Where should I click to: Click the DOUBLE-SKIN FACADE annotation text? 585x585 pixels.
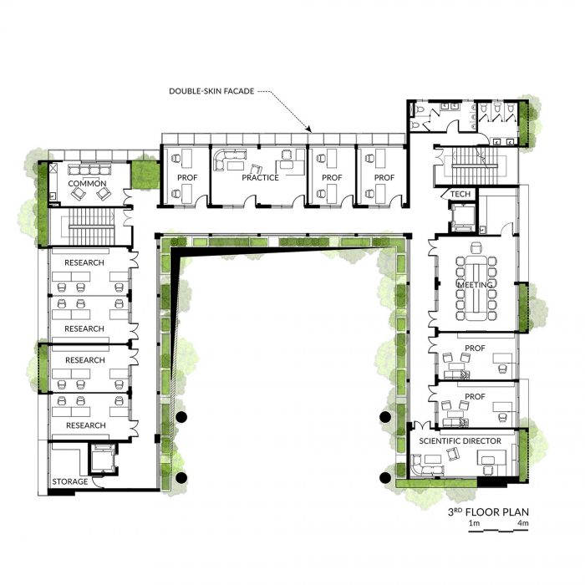(211, 91)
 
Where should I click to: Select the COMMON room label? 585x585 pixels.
(87, 184)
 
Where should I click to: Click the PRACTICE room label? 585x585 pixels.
(261, 177)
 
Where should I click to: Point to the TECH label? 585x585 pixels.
(460, 194)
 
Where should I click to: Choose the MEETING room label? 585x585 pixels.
(475, 285)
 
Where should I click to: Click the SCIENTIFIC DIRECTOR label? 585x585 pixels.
(460, 441)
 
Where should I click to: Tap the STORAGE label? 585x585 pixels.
(70, 481)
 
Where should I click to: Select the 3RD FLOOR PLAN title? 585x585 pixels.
(488, 511)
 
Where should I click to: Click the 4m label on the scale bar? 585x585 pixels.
(523, 523)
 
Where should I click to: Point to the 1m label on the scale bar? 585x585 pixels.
(474, 523)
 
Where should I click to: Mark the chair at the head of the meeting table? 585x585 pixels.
(476, 247)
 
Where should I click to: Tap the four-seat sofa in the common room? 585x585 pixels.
(89, 170)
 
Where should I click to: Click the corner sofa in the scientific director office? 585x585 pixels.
(420, 465)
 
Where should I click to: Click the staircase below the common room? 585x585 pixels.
(90, 226)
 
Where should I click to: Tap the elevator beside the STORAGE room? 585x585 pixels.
(103, 458)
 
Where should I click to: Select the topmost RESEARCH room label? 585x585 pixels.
(84, 262)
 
